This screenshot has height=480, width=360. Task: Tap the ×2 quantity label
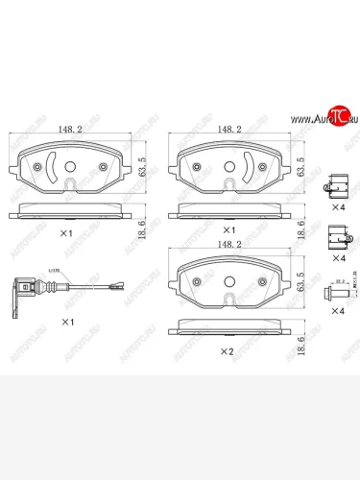pyautogui.click(x=227, y=351)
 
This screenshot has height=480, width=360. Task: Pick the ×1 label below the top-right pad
pyautogui.click(x=227, y=231)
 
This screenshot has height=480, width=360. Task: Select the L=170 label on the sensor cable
pyautogui.click(x=53, y=274)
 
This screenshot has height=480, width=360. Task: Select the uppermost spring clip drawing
pyautogui.click(x=335, y=183)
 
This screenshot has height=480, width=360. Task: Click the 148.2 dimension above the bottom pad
pyautogui.click(x=228, y=245)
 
